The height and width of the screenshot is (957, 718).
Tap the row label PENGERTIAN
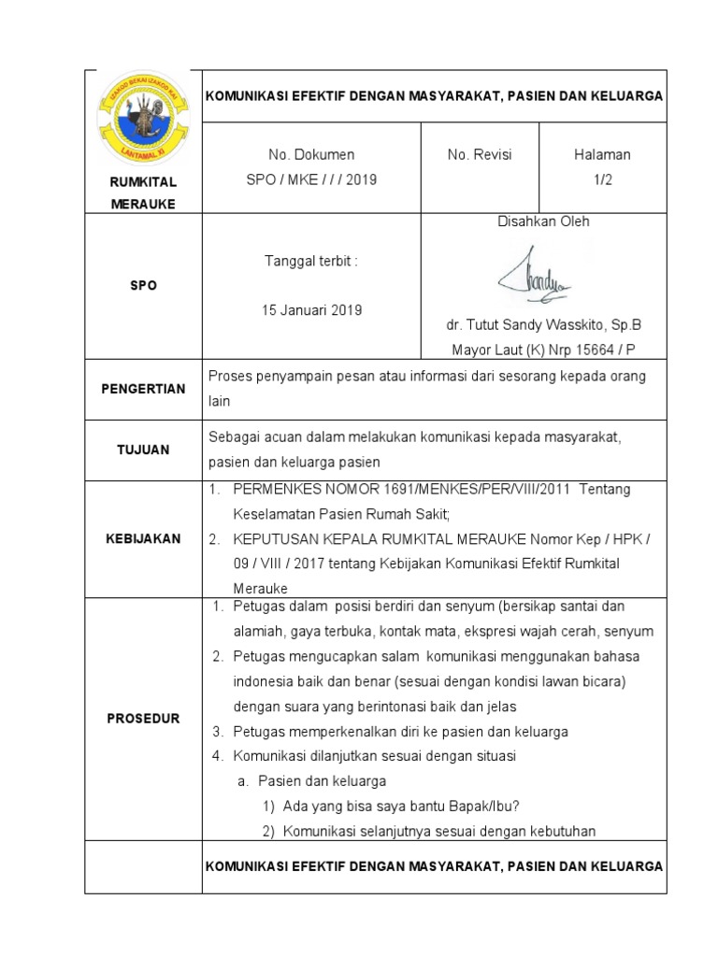click(x=143, y=389)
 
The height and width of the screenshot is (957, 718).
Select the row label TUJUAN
click(x=143, y=450)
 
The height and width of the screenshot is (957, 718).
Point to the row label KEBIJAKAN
click(x=143, y=538)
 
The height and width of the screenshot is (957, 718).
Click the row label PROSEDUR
click(x=143, y=719)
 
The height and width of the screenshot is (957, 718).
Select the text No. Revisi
click(x=480, y=155)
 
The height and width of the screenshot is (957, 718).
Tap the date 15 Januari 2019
click(x=311, y=310)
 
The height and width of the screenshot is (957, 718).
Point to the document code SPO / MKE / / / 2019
click(x=311, y=179)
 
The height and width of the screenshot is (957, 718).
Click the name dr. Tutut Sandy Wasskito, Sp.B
click(x=544, y=326)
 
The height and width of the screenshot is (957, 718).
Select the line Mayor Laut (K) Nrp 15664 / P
click(x=544, y=350)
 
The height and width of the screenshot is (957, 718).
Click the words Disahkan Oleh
click(x=544, y=222)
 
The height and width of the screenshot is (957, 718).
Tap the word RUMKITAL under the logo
click(x=143, y=181)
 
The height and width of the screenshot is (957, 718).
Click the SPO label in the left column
click(x=143, y=286)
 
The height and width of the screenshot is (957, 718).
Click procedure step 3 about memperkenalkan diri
click(x=390, y=732)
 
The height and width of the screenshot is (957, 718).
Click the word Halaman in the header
click(x=602, y=155)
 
